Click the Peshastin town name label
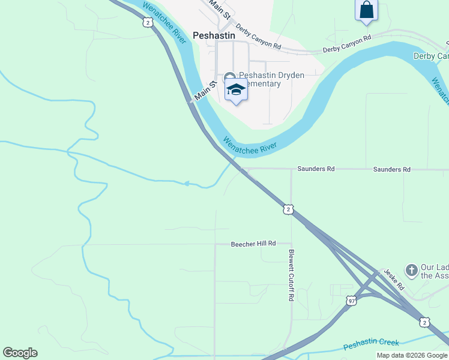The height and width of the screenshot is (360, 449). tap(214, 35)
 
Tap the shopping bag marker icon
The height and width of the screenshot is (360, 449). tap(366, 10)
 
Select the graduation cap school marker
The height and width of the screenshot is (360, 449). tap(236, 90)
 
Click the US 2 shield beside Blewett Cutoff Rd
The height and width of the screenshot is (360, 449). tap(289, 209)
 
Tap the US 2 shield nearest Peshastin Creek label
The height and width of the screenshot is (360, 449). tap(424, 322)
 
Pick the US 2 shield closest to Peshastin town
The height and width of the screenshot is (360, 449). tap(148, 22)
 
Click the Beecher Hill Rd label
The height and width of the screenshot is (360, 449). tap(253, 244)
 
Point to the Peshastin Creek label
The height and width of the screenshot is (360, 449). tap(371, 344)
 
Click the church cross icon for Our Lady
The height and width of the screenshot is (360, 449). tap(412, 270)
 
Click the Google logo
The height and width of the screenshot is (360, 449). tap(20, 353)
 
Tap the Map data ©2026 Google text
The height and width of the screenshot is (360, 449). tap(412, 355)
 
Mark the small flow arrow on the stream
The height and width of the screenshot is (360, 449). tap(187, 184)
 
